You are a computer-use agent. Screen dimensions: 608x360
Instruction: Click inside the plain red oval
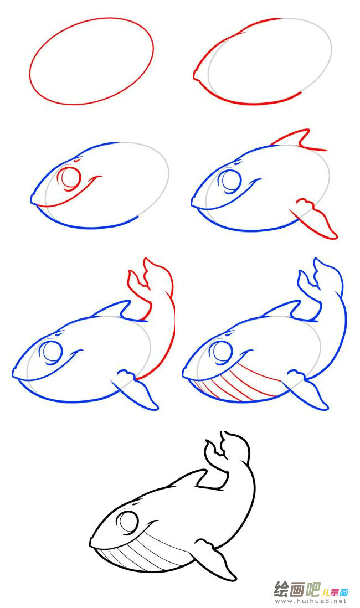(91, 61)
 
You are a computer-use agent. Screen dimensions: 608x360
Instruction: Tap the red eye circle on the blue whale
(70, 178)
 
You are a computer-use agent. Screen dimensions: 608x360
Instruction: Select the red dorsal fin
(297, 140)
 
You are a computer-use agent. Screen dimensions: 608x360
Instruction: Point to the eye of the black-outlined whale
(129, 522)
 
